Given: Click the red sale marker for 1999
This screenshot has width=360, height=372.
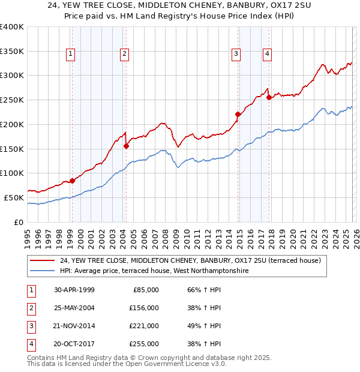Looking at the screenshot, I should tap(72, 181).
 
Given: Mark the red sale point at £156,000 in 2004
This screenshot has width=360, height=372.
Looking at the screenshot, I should tap(126, 146).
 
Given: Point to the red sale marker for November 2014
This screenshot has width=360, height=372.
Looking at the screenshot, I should tap(238, 114).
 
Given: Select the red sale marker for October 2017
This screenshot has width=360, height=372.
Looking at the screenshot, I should tap(269, 97).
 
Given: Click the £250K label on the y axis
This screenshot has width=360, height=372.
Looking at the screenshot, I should tap(12, 100).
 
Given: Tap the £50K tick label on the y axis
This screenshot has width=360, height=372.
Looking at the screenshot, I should tap(14, 197).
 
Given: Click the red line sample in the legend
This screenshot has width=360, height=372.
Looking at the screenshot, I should tap(43, 260).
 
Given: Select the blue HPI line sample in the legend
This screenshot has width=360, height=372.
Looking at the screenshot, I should tap(43, 271).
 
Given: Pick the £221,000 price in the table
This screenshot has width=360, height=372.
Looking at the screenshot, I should tap(144, 326).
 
